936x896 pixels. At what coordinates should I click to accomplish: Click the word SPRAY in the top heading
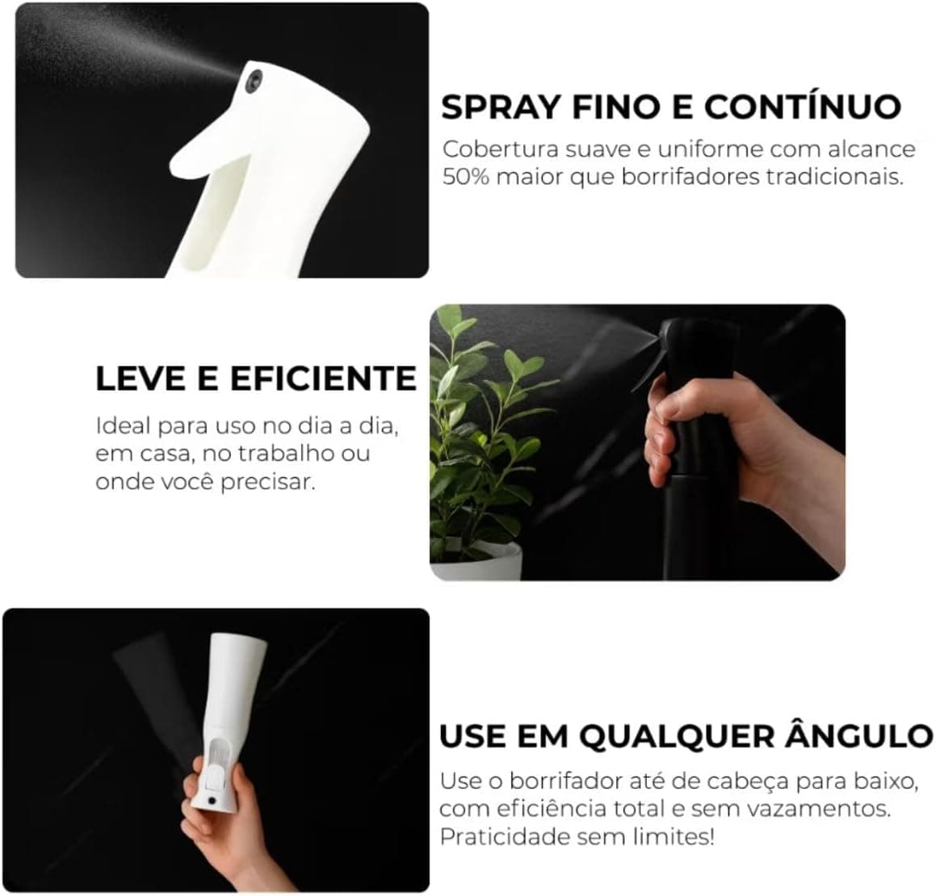pyautogui.click(x=501, y=107)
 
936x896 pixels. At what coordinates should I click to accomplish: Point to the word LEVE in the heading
pyautogui.click(x=141, y=379)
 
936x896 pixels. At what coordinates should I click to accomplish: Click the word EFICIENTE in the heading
pyautogui.click(x=323, y=379)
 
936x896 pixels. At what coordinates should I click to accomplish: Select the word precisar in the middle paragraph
pyautogui.click(x=267, y=482)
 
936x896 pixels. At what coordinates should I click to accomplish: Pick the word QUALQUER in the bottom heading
pyautogui.click(x=676, y=735)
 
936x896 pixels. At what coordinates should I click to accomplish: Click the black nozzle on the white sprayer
pyautogui.click(x=254, y=82)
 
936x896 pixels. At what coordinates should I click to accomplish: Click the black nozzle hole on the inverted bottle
pyautogui.click(x=212, y=799)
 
